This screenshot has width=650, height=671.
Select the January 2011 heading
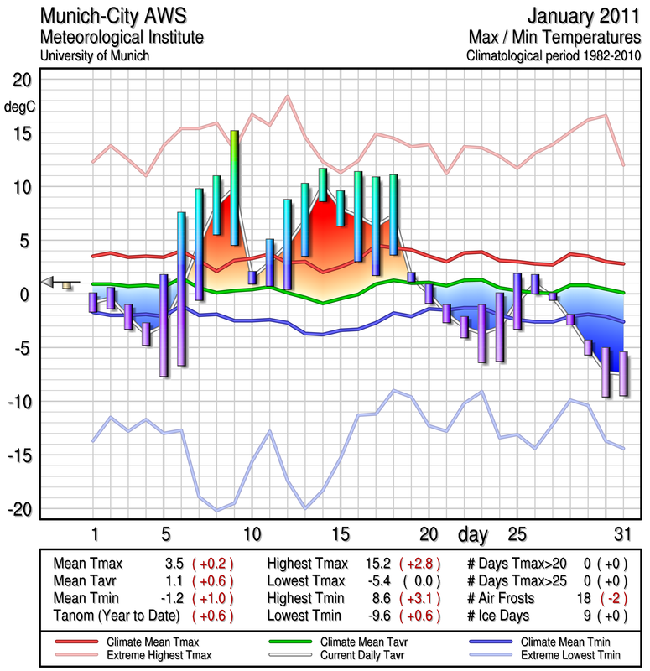[584, 17]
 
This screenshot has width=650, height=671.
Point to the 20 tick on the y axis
[21, 81]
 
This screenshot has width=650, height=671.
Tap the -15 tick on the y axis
[18, 455]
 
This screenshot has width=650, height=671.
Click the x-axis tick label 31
[622, 534]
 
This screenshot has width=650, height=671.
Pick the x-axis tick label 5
[165, 534]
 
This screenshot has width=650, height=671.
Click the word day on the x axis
[474, 534]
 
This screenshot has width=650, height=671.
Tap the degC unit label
[20, 107]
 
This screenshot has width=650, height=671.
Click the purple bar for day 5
[164, 325]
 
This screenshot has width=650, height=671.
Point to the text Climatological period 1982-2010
[554, 56]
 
